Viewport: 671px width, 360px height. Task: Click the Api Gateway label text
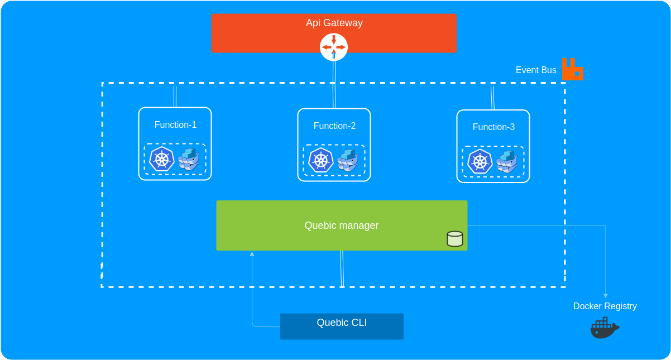[x=334, y=23]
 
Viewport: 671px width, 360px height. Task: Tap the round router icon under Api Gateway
[x=334, y=47]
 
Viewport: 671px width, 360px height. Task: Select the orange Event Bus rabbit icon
[x=572, y=69]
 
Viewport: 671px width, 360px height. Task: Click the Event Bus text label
[x=536, y=70]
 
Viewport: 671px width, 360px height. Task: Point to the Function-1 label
[x=175, y=124]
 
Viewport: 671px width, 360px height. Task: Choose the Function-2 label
[x=334, y=126]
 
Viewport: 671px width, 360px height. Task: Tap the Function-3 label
[x=493, y=127]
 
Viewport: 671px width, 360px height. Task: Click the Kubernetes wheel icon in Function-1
[x=162, y=159]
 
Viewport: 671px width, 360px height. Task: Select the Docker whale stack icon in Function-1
[x=189, y=159]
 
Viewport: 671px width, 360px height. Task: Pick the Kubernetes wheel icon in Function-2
[x=321, y=160]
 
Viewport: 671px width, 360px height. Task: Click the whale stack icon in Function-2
[x=348, y=161]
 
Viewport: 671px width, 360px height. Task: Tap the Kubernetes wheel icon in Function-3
[x=480, y=161]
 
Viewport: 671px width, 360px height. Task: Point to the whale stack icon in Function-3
[x=507, y=162]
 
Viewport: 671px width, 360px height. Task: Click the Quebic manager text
[x=342, y=225]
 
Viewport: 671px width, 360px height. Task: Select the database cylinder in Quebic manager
[x=455, y=239]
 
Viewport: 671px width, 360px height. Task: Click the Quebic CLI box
[x=342, y=327]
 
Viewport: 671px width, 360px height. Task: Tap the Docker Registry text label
[x=605, y=306]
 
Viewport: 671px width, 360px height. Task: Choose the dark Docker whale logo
[x=605, y=328]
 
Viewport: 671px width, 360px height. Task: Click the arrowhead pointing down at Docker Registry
[x=605, y=296]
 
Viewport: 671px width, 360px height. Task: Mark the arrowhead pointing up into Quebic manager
[x=252, y=254]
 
